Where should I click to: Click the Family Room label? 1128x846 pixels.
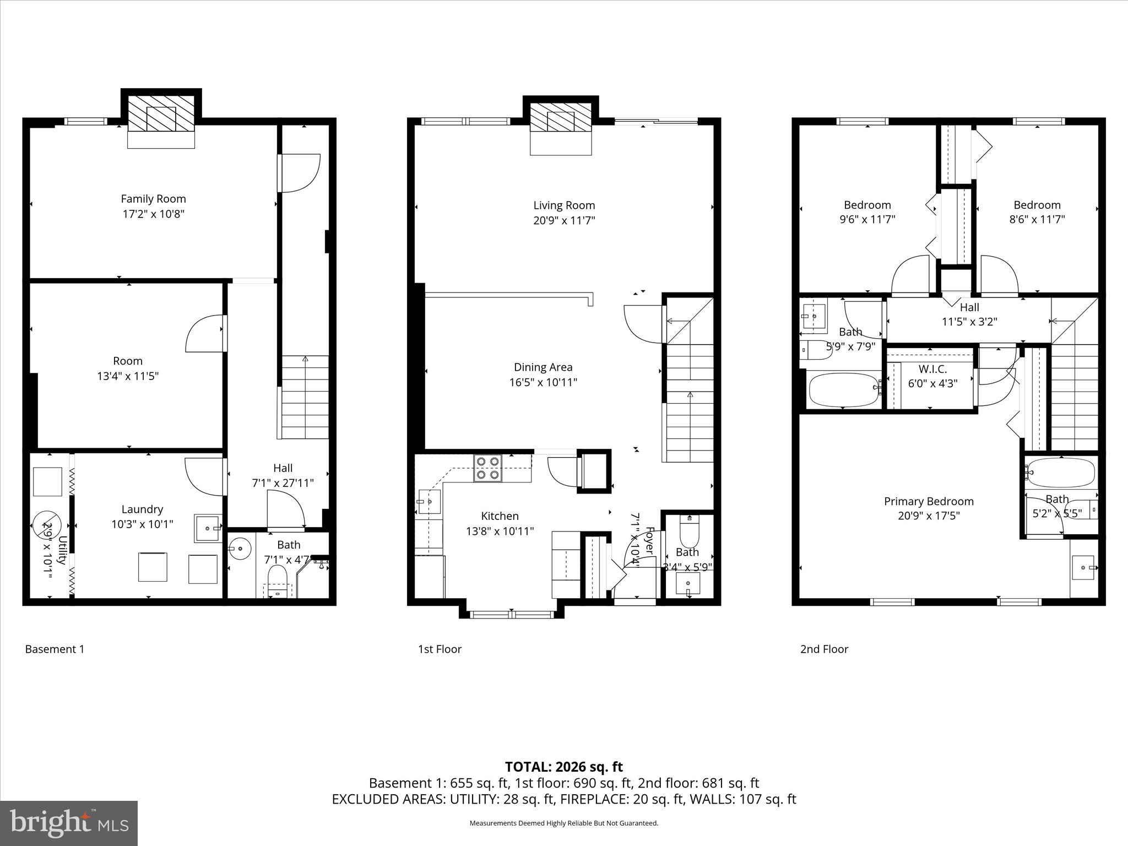click(153, 199)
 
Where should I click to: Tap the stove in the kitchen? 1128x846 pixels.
click(488, 468)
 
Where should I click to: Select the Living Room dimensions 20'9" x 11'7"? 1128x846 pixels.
click(564, 220)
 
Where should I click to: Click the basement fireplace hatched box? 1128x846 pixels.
click(161, 114)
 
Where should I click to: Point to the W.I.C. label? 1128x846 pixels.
click(932, 369)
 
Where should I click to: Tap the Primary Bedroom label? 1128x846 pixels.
click(929, 501)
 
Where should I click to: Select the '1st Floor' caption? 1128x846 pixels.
click(440, 649)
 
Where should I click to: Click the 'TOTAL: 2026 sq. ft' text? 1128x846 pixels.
click(563, 767)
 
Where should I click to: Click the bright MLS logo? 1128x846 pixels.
click(69, 823)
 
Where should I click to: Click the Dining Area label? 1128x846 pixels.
click(543, 367)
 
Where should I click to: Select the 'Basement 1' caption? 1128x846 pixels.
click(55, 649)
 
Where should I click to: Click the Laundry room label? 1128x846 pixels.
click(142, 509)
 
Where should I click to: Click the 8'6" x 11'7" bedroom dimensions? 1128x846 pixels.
click(1037, 219)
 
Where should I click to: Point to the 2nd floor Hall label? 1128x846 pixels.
click(969, 307)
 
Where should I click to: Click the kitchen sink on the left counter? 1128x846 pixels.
click(429, 502)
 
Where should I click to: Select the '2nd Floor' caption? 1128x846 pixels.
click(824, 649)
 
